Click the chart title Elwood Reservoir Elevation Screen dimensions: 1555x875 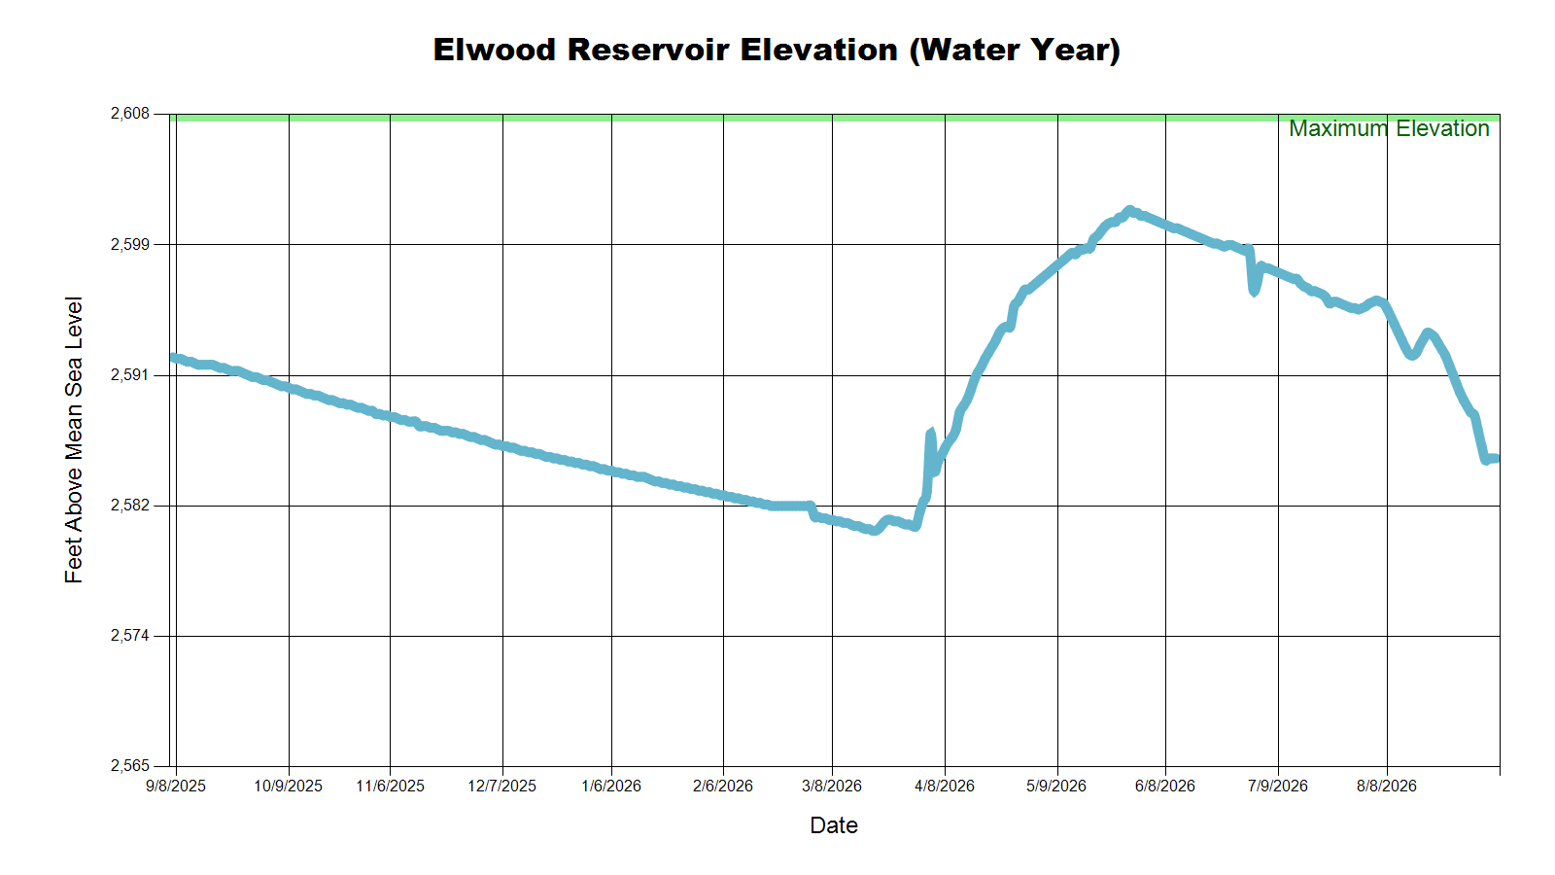665,50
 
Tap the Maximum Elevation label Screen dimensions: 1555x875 1389,128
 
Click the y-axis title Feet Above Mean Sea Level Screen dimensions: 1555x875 74,439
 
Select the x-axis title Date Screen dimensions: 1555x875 834,825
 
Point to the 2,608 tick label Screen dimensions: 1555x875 130,113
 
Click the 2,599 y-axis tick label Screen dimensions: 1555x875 130,244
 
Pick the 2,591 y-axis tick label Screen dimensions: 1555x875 130,375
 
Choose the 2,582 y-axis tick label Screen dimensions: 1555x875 130,506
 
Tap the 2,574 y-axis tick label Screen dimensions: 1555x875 130,636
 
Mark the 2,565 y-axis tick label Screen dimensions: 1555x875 130,766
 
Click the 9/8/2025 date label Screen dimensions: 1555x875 176,787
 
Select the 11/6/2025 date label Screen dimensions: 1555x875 390,787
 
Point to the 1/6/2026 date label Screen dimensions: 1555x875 611,787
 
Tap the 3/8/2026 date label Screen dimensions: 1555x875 832,787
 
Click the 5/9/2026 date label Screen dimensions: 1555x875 1056,787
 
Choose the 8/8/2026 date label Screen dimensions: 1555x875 1387,787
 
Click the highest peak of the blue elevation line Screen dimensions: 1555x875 1129,210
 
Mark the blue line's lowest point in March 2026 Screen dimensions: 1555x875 874,531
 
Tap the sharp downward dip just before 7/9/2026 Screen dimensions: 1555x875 1253,292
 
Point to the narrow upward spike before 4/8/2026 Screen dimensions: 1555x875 930,433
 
